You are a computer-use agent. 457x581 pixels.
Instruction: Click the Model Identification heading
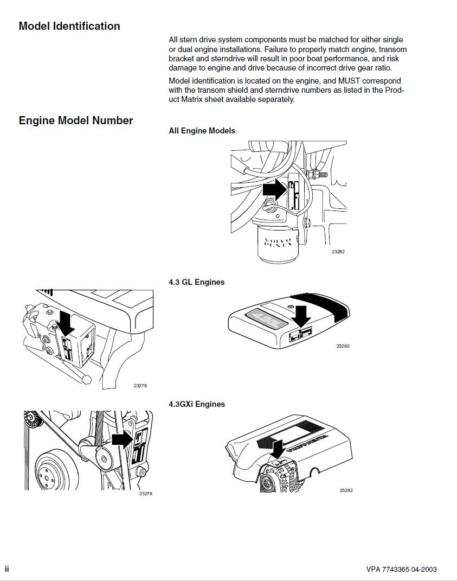[x=69, y=26]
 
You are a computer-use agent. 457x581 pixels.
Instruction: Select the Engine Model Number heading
[x=76, y=120]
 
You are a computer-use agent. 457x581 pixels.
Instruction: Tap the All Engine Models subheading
[x=202, y=131]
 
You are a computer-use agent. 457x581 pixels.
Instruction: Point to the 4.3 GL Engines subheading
[x=196, y=282]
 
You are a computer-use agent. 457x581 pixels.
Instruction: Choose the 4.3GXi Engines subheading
[x=197, y=404]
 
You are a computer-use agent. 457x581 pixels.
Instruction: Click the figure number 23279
[x=140, y=386]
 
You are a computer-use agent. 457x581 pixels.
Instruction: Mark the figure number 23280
[x=343, y=346]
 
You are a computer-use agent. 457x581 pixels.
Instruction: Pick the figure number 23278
[x=145, y=494]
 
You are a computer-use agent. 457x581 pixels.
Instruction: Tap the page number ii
[x=7, y=569]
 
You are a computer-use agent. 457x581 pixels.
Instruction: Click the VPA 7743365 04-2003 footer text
[x=401, y=569]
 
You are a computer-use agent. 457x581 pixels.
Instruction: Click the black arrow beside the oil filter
[x=274, y=190]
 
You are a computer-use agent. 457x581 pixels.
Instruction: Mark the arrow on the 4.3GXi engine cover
[x=278, y=448]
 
